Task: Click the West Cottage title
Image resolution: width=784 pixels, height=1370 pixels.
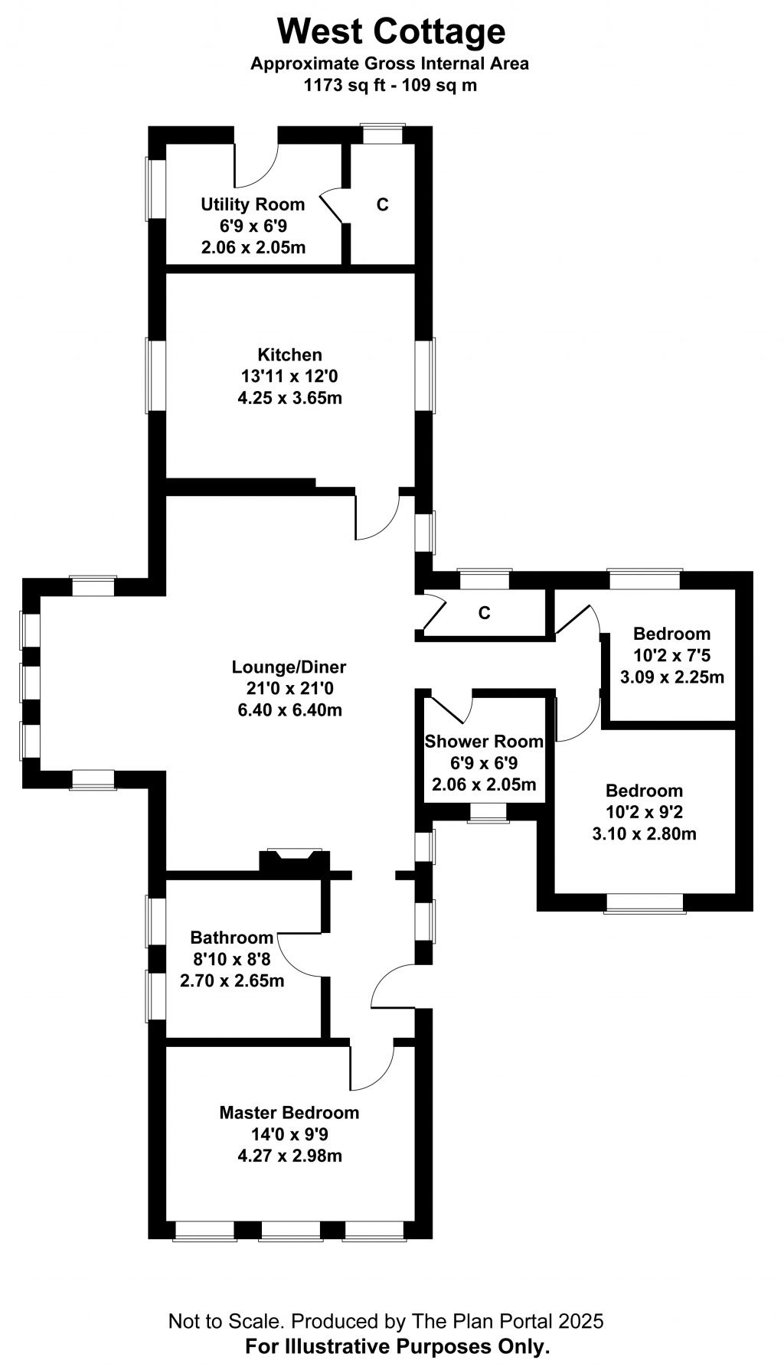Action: [391, 32]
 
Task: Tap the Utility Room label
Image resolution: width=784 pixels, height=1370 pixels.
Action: [253, 204]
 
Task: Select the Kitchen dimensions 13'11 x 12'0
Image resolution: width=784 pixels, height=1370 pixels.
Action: [289, 377]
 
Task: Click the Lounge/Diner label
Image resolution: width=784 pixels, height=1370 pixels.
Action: [289, 667]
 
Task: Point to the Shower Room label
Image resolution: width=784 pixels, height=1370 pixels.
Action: [484, 741]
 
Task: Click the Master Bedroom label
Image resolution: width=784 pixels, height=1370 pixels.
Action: [289, 1112]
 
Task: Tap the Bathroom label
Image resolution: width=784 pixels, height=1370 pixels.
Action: [232, 937]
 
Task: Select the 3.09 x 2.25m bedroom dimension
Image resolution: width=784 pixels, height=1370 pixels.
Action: [672, 677]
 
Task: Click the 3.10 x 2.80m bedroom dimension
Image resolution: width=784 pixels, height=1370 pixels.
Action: [645, 833]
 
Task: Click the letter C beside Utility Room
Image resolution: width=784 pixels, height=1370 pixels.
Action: [383, 205]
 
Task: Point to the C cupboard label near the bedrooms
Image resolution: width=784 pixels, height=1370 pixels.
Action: [484, 613]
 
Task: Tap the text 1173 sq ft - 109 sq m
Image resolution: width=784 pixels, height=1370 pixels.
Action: [390, 85]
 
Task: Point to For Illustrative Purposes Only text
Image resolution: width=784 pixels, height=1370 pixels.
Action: [397, 1346]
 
